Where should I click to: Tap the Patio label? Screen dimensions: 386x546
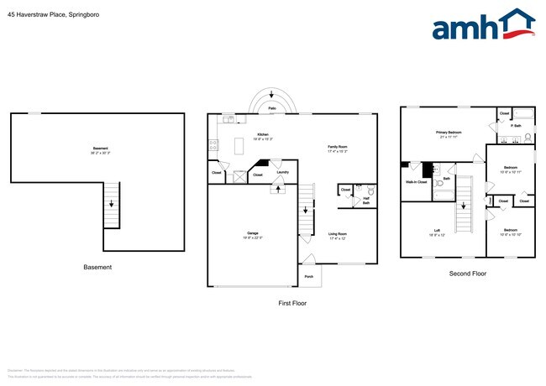tap(271, 108)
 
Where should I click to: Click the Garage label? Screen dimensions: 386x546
tap(253, 235)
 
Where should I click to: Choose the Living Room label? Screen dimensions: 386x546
tap(338, 236)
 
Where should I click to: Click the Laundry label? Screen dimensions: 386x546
tap(283, 172)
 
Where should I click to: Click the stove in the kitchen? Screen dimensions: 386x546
tap(213, 145)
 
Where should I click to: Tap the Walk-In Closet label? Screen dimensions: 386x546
tap(416, 181)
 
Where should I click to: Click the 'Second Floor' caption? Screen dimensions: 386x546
tap(466, 274)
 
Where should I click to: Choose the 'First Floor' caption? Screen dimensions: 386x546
tap(291, 302)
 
